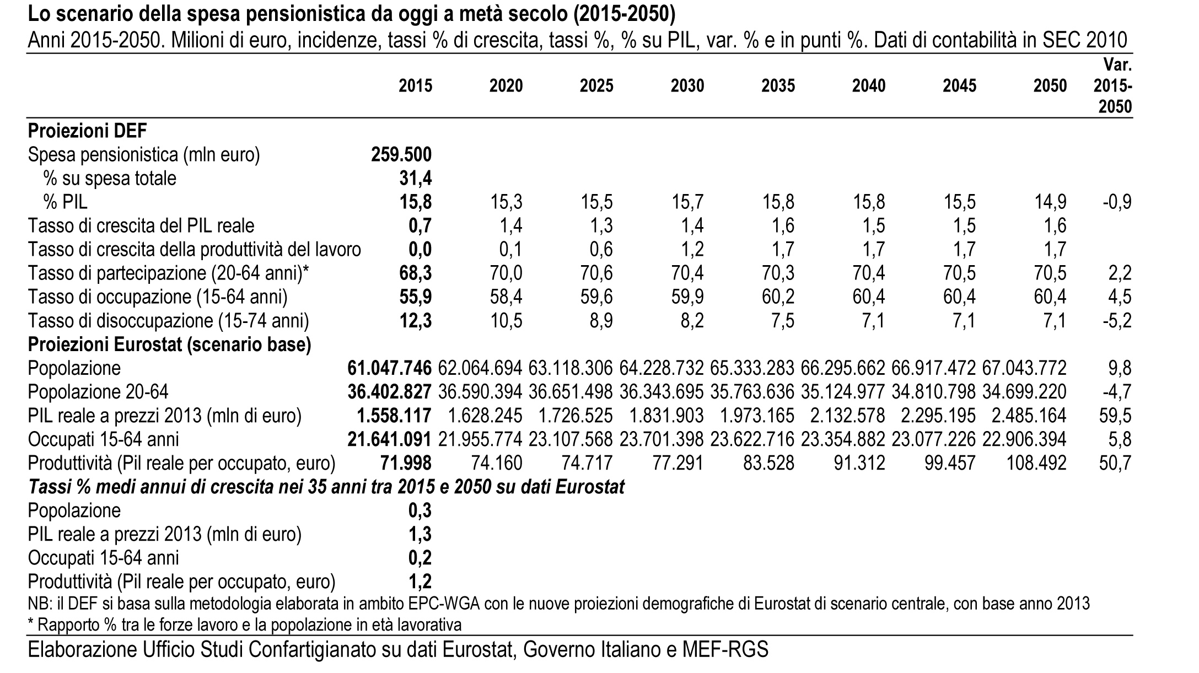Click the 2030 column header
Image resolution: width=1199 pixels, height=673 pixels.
click(x=687, y=86)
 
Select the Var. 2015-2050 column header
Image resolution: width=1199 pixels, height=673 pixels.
click(x=1113, y=86)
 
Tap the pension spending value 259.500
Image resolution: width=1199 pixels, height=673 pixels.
click(x=401, y=155)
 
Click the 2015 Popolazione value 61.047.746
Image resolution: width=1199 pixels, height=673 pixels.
click(x=390, y=368)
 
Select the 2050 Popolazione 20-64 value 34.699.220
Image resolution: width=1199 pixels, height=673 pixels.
click(x=1024, y=392)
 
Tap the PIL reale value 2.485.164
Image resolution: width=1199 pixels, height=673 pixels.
click(x=1030, y=416)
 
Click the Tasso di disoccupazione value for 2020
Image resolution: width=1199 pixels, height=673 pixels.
click(x=506, y=321)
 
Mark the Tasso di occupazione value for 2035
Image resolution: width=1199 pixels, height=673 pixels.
click(x=778, y=297)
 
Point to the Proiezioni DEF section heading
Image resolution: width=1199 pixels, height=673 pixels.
click(x=88, y=131)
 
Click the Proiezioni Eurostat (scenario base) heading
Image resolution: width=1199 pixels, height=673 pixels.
click(x=170, y=344)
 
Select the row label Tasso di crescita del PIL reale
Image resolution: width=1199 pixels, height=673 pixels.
click(x=141, y=226)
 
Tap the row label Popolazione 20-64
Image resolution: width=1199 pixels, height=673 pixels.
click(x=98, y=392)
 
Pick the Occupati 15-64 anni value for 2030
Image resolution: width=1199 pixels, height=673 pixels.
click(x=662, y=439)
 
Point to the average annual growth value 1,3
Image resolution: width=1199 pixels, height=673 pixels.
click(x=420, y=534)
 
